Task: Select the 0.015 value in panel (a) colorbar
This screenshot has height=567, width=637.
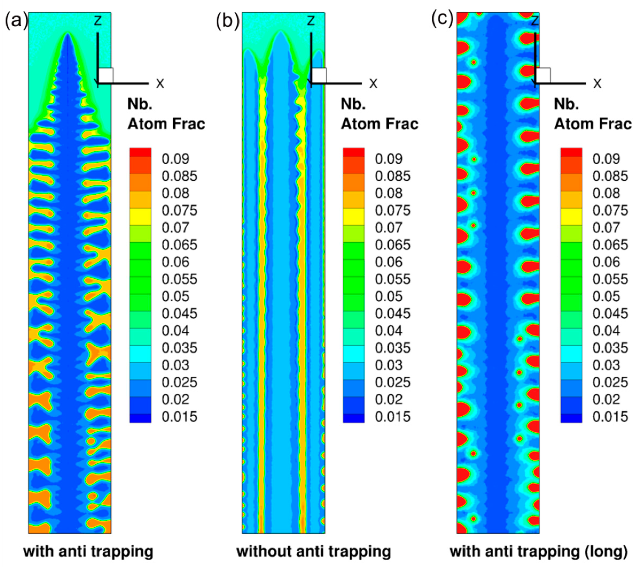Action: [179, 417]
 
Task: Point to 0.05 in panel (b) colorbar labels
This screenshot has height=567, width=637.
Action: [389, 296]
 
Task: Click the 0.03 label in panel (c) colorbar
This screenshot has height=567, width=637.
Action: [606, 365]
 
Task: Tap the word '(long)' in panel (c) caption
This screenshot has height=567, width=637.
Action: [607, 551]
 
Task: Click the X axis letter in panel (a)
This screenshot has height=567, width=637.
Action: [160, 84]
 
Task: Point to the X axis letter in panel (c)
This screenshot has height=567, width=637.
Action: [597, 84]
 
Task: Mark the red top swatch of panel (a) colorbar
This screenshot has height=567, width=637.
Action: [140, 152]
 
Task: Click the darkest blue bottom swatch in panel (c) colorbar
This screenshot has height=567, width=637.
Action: [571, 418]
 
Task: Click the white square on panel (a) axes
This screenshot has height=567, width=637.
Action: [106, 75]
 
